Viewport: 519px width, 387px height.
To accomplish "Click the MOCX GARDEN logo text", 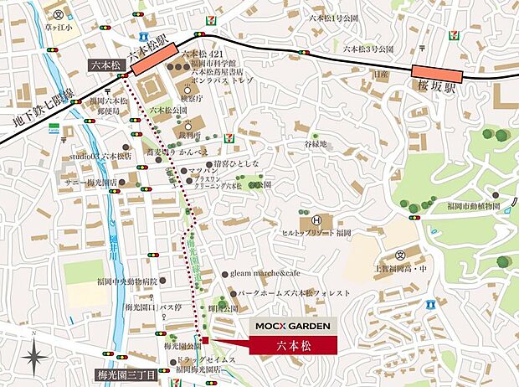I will pos(292,325).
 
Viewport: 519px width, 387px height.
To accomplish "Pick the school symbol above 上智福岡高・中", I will pos(400,255).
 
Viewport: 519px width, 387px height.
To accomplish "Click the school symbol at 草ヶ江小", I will pos(57,14).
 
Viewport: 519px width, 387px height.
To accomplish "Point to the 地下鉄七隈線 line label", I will pos(39,110).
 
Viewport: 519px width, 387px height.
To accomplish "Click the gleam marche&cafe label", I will pos(264,274).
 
